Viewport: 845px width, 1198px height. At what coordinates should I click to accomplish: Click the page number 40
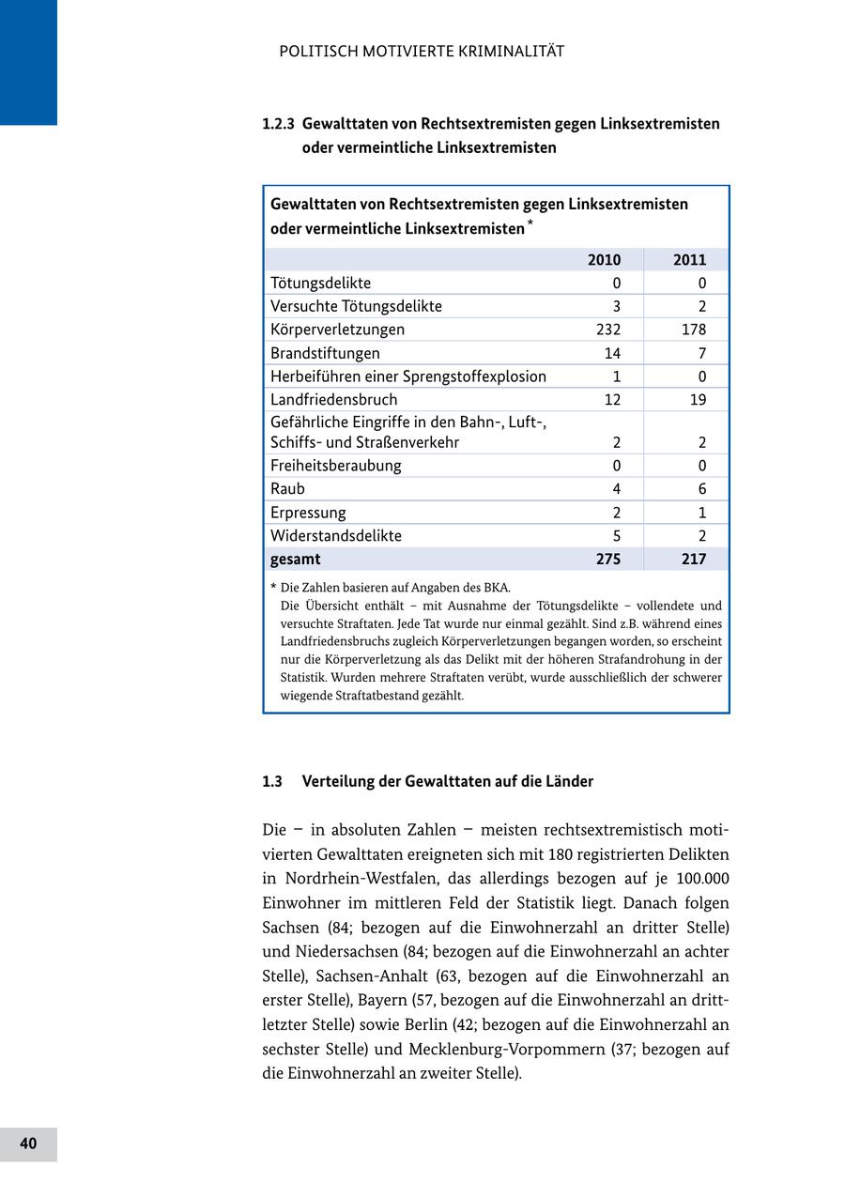click(x=28, y=1144)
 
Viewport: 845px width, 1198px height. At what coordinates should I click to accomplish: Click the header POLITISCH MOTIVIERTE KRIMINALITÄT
click(x=422, y=52)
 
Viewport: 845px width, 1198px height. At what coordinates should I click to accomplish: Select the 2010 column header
click(x=604, y=260)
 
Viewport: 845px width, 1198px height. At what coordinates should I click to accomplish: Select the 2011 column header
click(x=689, y=260)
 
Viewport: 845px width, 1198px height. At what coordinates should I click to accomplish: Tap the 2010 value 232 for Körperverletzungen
click(x=608, y=330)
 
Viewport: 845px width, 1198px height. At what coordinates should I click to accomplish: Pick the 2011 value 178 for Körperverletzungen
click(x=693, y=330)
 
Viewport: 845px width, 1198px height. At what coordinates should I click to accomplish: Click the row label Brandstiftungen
click(x=325, y=353)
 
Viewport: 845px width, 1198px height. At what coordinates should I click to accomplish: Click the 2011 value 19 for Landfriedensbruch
click(x=697, y=400)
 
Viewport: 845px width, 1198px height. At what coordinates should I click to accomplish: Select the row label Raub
click(x=287, y=489)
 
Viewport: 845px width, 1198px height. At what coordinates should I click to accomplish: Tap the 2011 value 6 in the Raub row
click(x=701, y=489)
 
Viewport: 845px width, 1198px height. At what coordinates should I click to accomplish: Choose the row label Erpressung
click(x=308, y=513)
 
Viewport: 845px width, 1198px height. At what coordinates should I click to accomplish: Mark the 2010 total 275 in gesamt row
click(x=608, y=560)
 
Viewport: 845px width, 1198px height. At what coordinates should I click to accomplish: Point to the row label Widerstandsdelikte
click(x=335, y=536)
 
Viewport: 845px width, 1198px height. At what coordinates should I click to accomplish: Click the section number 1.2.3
click(x=279, y=124)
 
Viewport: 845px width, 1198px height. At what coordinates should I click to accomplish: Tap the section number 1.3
click(x=272, y=782)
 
